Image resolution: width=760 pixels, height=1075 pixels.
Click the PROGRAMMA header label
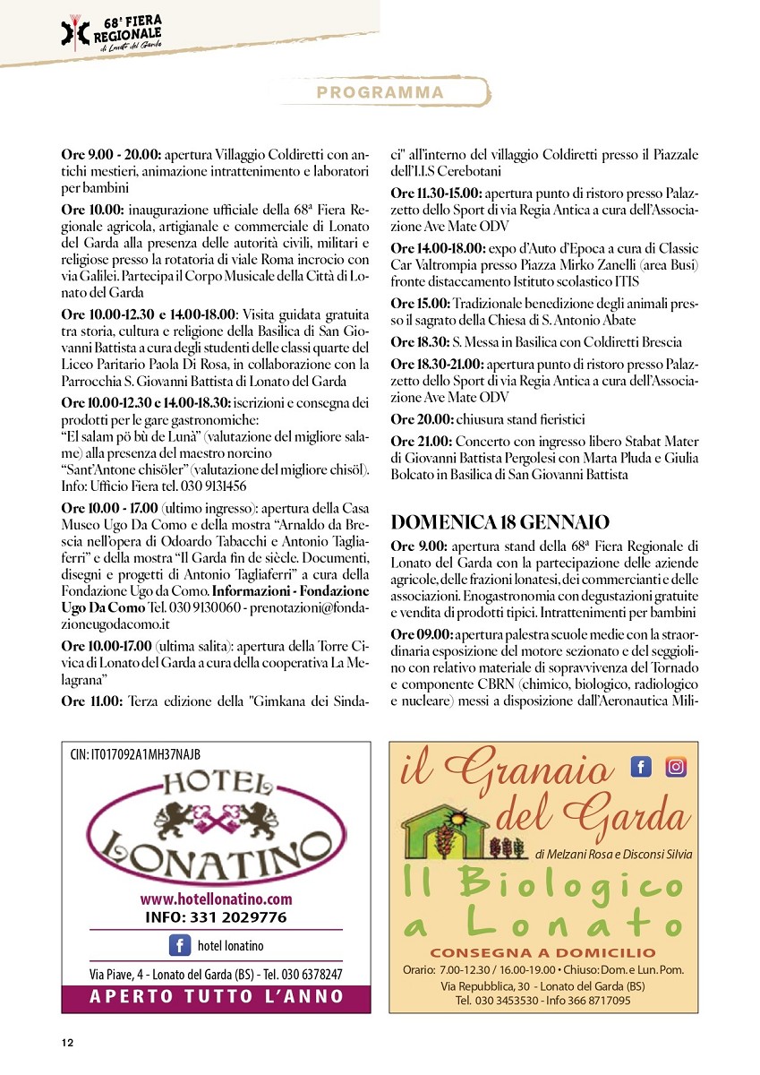point(380,93)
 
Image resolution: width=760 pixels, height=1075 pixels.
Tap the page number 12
point(67,1042)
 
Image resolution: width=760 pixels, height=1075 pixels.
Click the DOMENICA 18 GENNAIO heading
point(500,521)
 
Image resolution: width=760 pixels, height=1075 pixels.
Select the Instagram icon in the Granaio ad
point(675,767)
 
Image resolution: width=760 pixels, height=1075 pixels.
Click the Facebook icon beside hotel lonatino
point(180,945)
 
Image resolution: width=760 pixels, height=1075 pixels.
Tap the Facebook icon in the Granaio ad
point(641,767)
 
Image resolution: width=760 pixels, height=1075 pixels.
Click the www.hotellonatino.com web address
point(216,899)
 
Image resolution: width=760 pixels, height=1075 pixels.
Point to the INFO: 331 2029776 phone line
point(216,917)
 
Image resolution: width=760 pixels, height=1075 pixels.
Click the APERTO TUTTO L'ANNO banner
point(217,996)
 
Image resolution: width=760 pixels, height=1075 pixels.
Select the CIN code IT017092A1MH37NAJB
point(135,755)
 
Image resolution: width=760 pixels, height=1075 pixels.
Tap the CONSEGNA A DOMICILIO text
point(542,953)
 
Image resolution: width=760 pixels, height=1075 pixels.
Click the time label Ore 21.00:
point(422,442)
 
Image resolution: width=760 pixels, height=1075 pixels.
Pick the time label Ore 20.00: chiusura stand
point(422,419)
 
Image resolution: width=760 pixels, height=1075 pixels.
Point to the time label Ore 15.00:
point(422,304)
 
